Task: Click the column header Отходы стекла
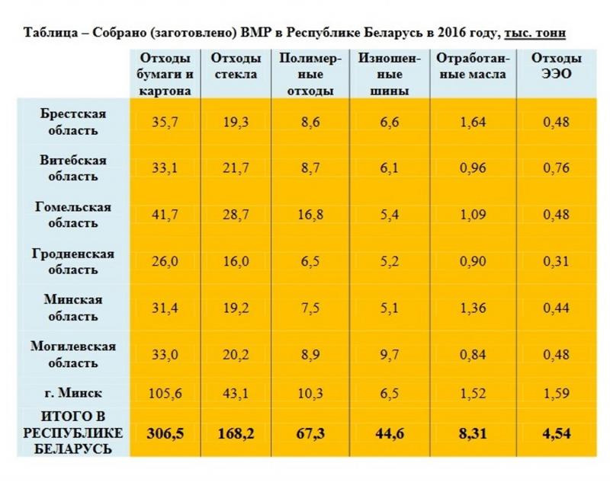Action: tap(236, 66)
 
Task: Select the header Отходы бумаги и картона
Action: tap(165, 74)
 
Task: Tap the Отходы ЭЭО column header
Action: tap(557, 66)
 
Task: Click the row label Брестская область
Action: tap(73, 121)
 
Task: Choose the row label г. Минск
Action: tap(73, 393)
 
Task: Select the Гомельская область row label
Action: tap(73, 215)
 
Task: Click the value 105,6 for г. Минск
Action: tap(165, 393)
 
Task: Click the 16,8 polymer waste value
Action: tap(311, 215)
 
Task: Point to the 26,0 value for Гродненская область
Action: tap(165, 261)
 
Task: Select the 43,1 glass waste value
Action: tap(236, 393)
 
